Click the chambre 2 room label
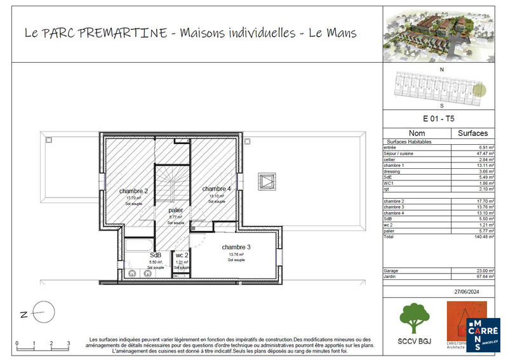133,191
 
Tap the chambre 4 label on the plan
217,189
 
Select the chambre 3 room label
236,247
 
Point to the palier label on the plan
175,210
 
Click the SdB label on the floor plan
155,255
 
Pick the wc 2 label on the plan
182,255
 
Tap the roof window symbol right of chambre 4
267,182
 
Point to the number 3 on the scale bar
69,343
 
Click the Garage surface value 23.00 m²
478,270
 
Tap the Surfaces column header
472,133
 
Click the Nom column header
417,133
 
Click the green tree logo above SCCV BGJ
413,317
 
